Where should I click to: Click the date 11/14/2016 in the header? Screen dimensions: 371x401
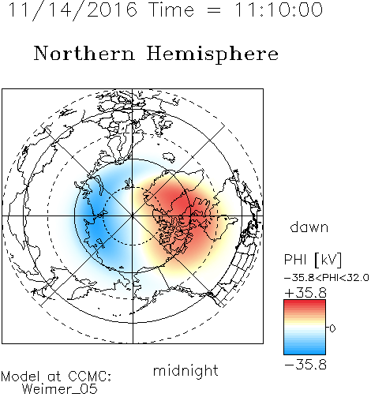pyautogui.click(x=73, y=10)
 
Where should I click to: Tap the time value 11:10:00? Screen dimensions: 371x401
pyautogui.click(x=279, y=9)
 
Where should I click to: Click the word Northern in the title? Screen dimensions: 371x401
pyautogui.click(x=84, y=54)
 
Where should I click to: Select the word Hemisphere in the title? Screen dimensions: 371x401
pyautogui.click(x=212, y=54)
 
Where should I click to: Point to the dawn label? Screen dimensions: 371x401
pyautogui.click(x=309, y=227)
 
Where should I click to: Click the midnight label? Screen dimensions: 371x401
pyautogui.click(x=185, y=371)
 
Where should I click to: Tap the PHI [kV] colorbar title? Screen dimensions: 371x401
pyautogui.click(x=313, y=260)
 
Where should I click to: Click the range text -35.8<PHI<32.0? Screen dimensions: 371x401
pyautogui.click(x=326, y=278)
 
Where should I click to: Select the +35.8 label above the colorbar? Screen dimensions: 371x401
pyautogui.click(x=305, y=293)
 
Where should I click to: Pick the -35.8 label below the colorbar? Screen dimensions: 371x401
pyautogui.click(x=305, y=365)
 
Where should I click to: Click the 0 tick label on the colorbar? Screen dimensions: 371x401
pyautogui.click(x=332, y=328)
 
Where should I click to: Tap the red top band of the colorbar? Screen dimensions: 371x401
pyautogui.click(x=305, y=303)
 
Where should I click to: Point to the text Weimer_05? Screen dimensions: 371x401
pyautogui.click(x=60, y=389)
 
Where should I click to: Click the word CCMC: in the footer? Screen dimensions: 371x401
pyautogui.click(x=89, y=377)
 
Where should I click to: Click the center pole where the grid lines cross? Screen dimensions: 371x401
pyautogui.click(x=133, y=216)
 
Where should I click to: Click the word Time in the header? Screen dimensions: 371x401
pyautogui.click(x=171, y=9)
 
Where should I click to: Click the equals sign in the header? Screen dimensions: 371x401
pyautogui.click(x=214, y=10)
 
